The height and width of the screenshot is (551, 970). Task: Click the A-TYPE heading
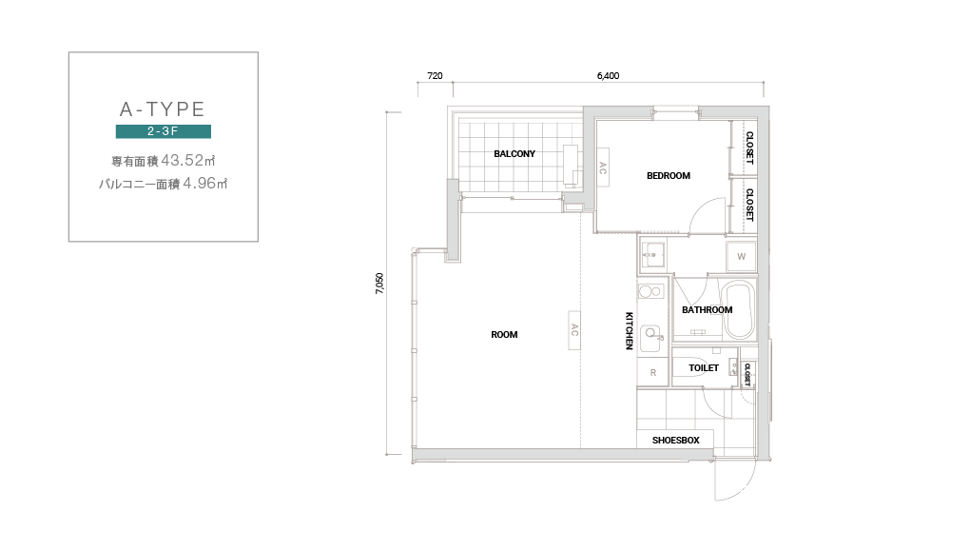162,108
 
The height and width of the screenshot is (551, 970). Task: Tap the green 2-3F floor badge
164,131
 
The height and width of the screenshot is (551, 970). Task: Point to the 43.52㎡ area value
188,160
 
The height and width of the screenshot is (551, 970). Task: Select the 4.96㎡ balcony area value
205,184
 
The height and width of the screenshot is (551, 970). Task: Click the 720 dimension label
435,75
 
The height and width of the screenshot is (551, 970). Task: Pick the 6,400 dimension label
608,75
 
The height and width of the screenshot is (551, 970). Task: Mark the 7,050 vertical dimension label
379,283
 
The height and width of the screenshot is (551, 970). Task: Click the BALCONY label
514,153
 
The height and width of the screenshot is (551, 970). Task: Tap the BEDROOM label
669,176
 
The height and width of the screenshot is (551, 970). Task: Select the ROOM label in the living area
504,334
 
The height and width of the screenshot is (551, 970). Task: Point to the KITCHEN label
630,330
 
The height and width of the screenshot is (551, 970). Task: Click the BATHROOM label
708,309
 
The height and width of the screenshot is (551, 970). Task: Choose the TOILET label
704,367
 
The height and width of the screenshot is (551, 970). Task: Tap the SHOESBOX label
675,441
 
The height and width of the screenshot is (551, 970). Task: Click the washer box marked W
741,256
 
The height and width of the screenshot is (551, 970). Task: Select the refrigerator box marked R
652,373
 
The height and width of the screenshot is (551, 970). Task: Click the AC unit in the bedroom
603,167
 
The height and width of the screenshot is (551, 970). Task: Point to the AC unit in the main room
574,330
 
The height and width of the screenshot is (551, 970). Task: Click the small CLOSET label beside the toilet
747,375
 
